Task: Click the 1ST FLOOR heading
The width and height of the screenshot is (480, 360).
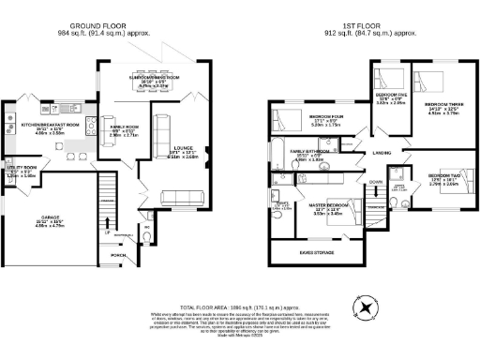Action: pos(367,26)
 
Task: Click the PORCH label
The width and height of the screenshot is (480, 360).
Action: pos(119,253)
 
